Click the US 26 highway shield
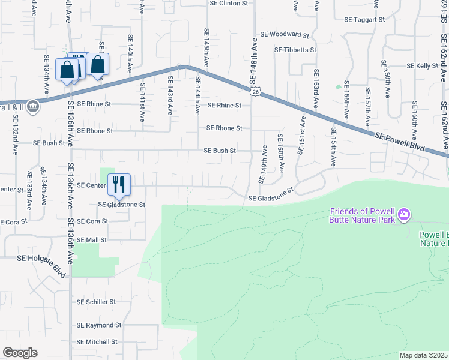pyautogui.click(x=256, y=91)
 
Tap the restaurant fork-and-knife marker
pyautogui.click(x=119, y=183)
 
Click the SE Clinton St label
pyautogui.click(x=229, y=3)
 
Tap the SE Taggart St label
pyautogui.click(x=364, y=20)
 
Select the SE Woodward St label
pyautogui.click(x=285, y=35)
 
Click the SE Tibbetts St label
pyautogui.click(x=295, y=50)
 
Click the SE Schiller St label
pyautogui.click(x=96, y=302)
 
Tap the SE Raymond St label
pyautogui.click(x=99, y=325)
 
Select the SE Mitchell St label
pyautogui.click(x=97, y=342)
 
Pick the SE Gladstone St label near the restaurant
pyautogui.click(x=122, y=205)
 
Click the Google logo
pyautogui.click(x=20, y=353)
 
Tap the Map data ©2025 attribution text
pyautogui.click(x=423, y=355)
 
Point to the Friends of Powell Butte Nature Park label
pyautogui.click(x=362, y=215)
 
